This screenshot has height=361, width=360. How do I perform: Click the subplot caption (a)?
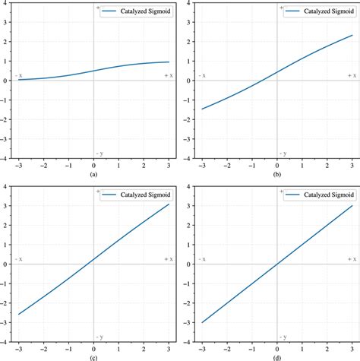[x=93, y=174]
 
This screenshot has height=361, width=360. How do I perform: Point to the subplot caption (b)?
[x=277, y=174]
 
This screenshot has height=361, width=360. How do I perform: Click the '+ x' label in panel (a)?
[x=169, y=76]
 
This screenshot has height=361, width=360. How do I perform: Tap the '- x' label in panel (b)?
[x=203, y=76]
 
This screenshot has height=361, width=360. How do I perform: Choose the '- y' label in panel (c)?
[x=99, y=336]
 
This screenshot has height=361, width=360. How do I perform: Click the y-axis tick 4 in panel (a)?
[x=5, y=3]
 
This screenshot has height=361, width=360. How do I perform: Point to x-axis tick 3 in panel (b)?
[x=352, y=166]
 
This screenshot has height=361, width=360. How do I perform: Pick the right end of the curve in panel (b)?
[x=352, y=35]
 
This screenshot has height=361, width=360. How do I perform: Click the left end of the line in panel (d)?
[x=203, y=322]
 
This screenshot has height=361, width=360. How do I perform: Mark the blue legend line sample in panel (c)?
[x=109, y=195]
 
